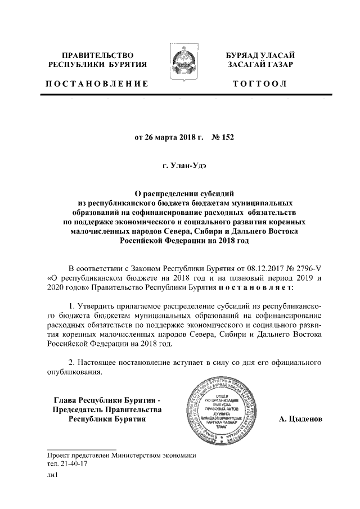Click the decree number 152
pyautogui.click(x=225, y=136)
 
